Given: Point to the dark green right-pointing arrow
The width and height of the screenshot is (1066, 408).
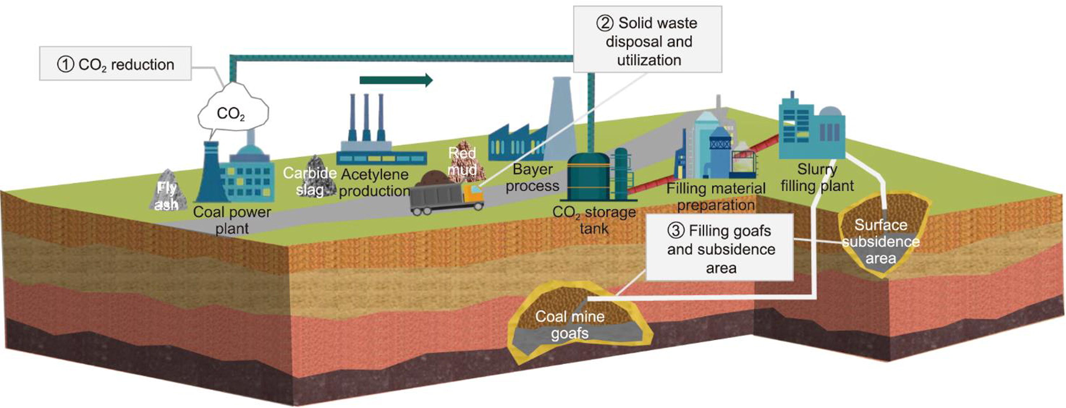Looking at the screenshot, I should pyautogui.click(x=396, y=80).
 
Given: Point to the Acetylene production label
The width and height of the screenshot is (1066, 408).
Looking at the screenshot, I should pyautogui.click(x=375, y=182).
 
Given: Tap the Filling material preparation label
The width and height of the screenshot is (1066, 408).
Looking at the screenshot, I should pyautogui.click(x=716, y=197).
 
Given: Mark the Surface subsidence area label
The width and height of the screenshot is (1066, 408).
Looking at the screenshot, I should pyautogui.click(x=881, y=241).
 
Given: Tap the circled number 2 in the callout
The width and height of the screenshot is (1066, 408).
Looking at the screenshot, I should pyautogui.click(x=604, y=23).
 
